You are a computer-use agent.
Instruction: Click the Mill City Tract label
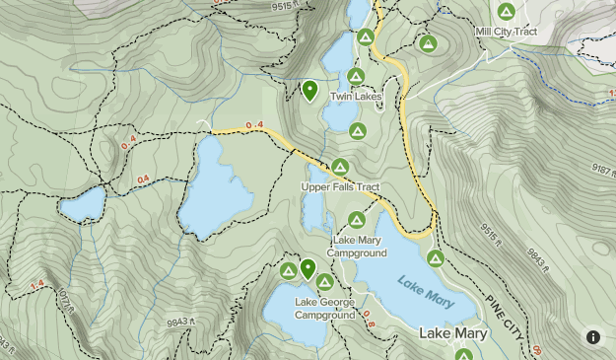click(507, 32)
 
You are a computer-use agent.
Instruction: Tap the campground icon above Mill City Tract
click(507, 12)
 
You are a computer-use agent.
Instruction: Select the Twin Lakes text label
click(355, 96)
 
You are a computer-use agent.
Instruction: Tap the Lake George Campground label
click(324, 309)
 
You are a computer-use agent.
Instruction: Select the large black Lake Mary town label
click(452, 333)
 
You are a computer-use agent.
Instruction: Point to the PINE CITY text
click(504, 317)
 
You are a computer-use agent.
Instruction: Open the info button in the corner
click(592, 336)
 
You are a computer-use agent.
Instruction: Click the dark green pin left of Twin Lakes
click(309, 92)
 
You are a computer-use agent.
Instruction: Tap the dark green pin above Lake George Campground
click(308, 268)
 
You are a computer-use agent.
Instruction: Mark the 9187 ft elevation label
click(590, 169)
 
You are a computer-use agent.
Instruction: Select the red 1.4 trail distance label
click(38, 285)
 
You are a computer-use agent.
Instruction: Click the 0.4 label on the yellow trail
click(254, 125)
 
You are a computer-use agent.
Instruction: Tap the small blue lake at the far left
click(82, 205)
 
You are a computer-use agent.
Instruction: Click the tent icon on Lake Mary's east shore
click(435, 258)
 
